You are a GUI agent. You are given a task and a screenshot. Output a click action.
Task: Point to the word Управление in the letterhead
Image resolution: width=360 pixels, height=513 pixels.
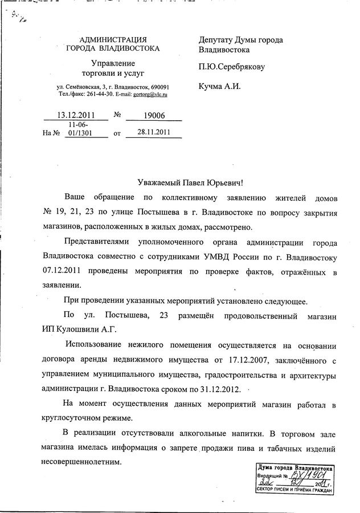pyautogui.click(x=113, y=63)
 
